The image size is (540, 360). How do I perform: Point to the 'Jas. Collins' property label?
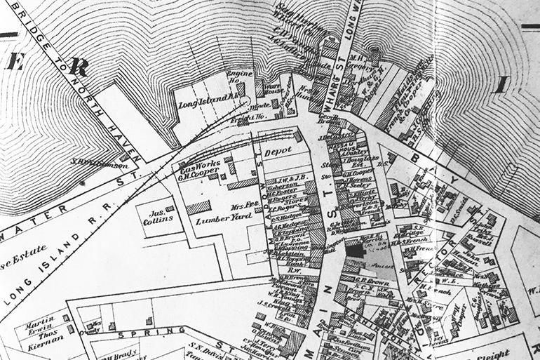[159, 215]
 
